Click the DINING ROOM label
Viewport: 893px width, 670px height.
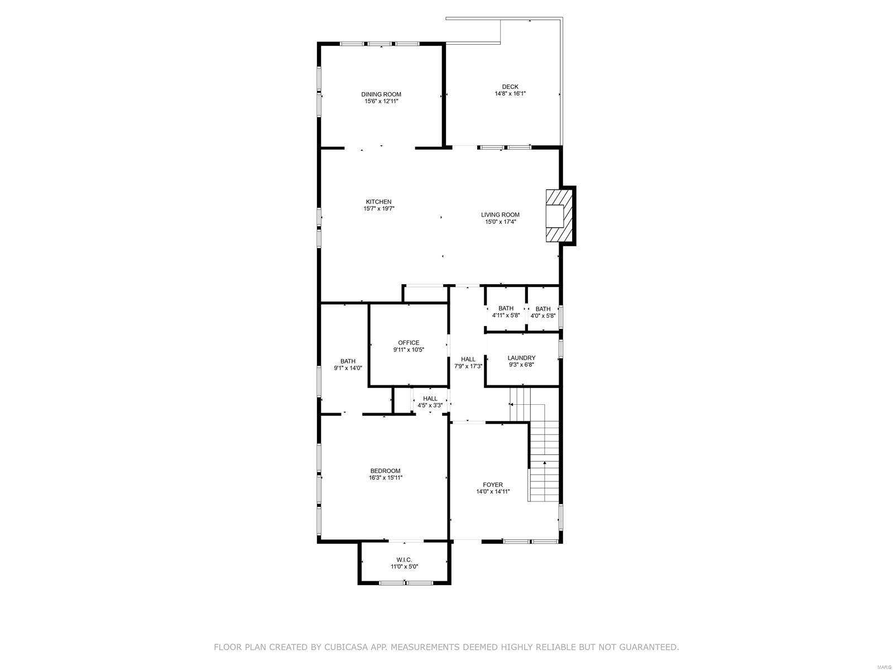[381, 94]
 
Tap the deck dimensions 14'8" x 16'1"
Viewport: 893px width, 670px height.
[510, 94]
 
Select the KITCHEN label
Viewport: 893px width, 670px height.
[378, 202]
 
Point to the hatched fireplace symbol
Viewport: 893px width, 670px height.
[559, 216]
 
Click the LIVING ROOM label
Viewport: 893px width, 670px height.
[500, 214]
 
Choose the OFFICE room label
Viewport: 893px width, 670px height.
[409, 343]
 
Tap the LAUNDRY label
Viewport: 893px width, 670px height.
[521, 358]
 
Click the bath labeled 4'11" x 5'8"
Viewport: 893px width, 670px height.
[506, 312]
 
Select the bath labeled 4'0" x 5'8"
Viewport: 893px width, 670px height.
[542, 312]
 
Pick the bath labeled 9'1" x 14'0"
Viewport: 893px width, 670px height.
[348, 365]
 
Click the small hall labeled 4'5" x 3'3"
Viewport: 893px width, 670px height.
[430, 402]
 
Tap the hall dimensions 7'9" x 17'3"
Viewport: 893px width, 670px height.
[468, 366]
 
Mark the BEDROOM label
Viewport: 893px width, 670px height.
[385, 471]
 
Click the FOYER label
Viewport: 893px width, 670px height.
[493, 485]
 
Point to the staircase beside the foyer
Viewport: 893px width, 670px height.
[544, 458]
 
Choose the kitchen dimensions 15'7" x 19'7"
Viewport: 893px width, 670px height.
[378, 209]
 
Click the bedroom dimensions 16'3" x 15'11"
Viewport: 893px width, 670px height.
[385, 478]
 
